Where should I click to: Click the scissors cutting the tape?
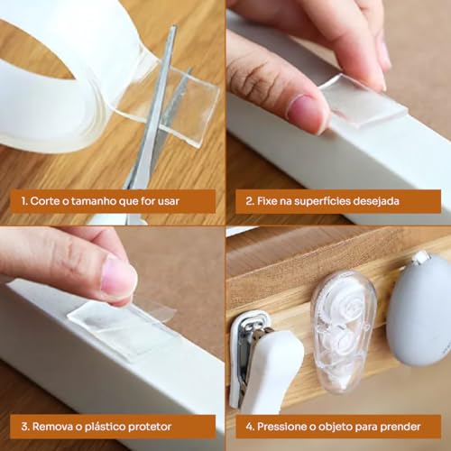[152, 135]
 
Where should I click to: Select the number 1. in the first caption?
[23, 200]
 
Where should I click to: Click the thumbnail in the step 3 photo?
[118, 277]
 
